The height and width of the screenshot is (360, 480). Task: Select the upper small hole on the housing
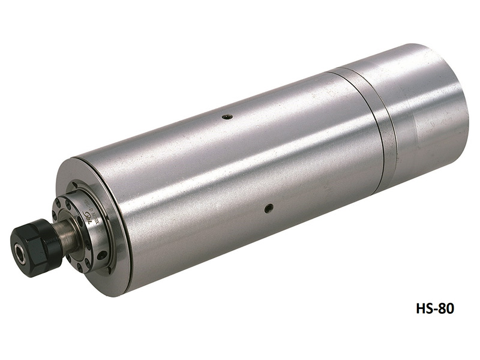(x=226, y=117)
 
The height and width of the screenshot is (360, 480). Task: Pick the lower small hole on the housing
(x=269, y=208)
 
